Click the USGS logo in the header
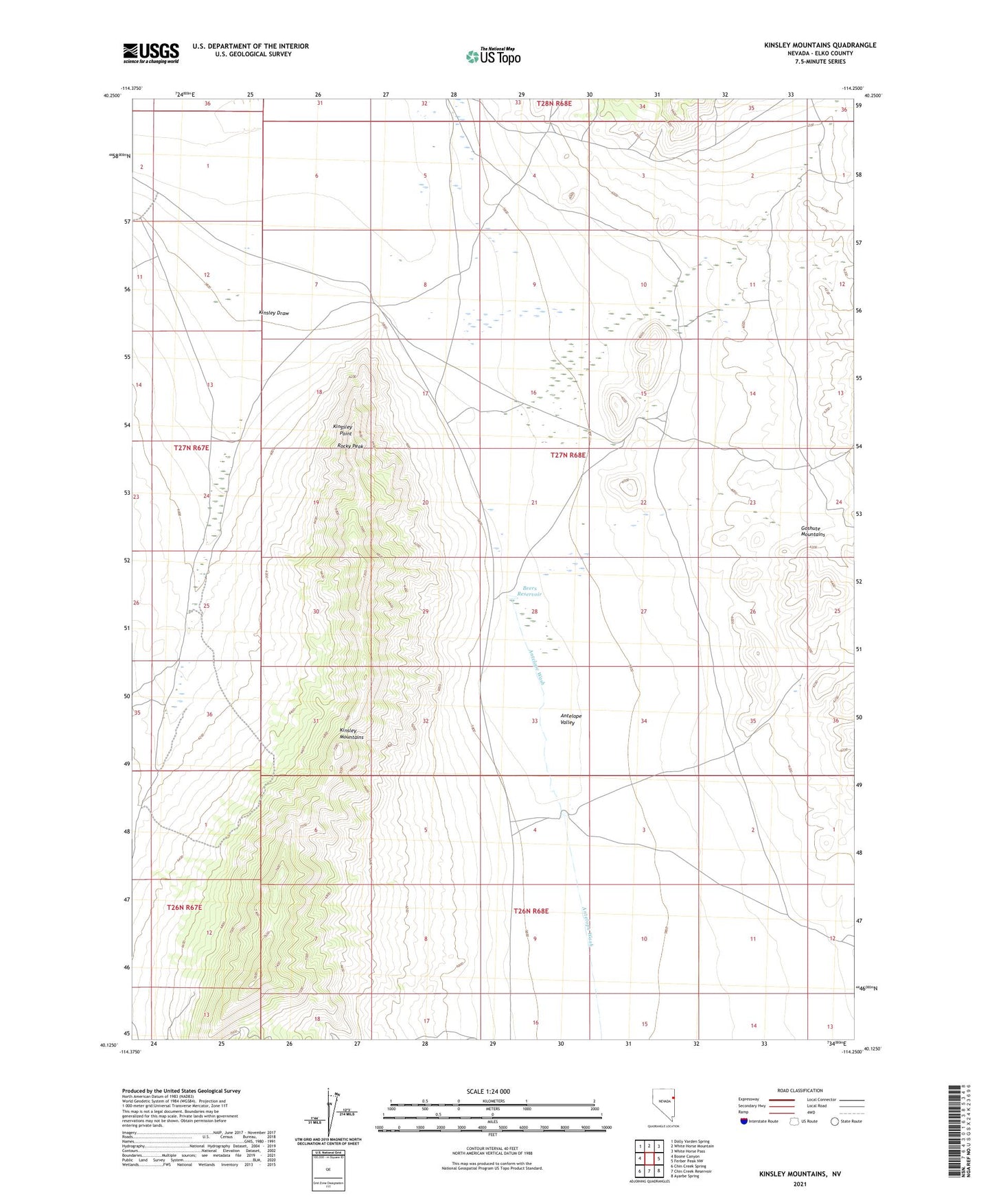pyautogui.click(x=151, y=53)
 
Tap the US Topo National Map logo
pyautogui.click(x=493, y=56)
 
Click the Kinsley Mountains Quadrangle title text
pyautogui.click(x=820, y=45)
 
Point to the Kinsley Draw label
pyautogui.click(x=274, y=313)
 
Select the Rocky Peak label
pyautogui.click(x=350, y=446)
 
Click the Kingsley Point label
pyautogui.click(x=343, y=430)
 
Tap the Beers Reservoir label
pyautogui.click(x=531, y=591)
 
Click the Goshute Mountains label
pyautogui.click(x=813, y=531)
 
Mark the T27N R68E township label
pyautogui.click(x=568, y=455)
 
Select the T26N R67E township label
pyautogui.click(x=185, y=907)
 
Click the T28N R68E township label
pyautogui.click(x=553, y=103)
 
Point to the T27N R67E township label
pyautogui.click(x=191, y=447)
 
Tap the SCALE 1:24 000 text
pyautogui.click(x=488, y=1092)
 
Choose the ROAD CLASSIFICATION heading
pyautogui.click(x=800, y=1090)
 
